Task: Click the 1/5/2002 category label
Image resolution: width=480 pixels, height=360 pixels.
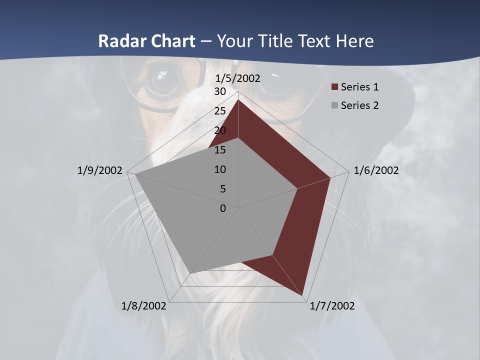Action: point(237,78)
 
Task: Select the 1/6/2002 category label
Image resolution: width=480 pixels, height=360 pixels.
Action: point(376,170)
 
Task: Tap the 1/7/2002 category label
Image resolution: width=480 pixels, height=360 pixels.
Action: point(332,306)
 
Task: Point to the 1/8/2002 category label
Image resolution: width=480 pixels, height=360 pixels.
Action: point(144,306)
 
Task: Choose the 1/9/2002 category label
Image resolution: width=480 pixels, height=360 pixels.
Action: point(99,170)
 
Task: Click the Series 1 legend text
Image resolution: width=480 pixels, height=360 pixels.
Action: point(359,87)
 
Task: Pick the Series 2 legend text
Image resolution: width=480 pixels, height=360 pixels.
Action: point(359,105)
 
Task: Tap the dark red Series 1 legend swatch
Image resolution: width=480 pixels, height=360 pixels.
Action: point(335,87)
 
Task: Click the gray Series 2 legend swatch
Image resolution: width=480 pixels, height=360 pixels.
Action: point(335,106)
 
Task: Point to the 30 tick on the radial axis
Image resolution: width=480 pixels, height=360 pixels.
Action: point(220,91)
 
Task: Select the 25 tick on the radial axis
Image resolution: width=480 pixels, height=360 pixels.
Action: point(220,111)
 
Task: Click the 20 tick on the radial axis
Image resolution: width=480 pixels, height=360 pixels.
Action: point(220,130)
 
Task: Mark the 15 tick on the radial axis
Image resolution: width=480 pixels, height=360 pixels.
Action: point(220,150)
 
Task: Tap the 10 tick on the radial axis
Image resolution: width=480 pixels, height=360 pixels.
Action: point(220,169)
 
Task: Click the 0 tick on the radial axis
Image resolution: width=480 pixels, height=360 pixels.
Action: point(223,208)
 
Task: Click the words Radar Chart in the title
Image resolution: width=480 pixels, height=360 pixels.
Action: point(146,41)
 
